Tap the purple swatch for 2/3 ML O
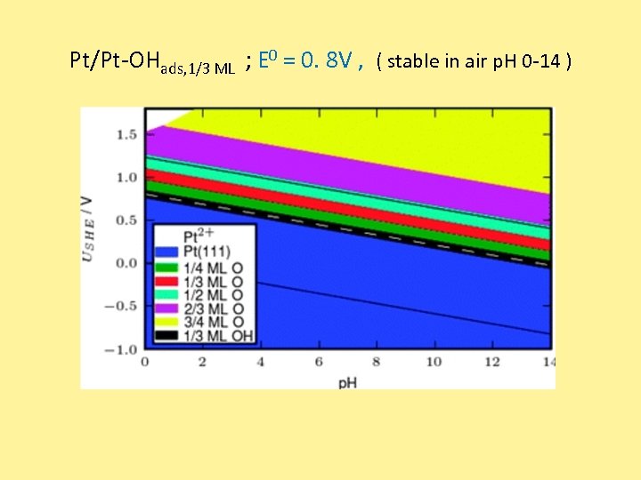pos(166,308)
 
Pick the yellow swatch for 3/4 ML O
pos(166,322)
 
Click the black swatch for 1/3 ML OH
pos(166,335)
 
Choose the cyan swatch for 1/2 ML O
pos(166,295)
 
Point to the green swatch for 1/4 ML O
pos(166,266)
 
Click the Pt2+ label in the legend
pos(193,236)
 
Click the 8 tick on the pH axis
pos(376,362)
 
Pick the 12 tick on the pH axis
pos(491,362)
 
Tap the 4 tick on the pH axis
pos(260,362)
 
